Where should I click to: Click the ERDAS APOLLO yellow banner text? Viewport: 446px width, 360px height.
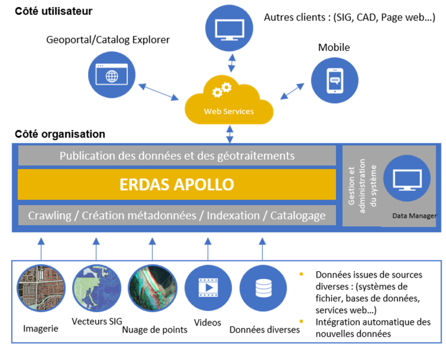coord(176,184)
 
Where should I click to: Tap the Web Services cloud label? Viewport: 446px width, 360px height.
coord(229,112)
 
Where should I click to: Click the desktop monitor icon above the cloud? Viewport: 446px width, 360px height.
coord(229,28)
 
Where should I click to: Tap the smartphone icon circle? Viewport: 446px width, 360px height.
coord(334,80)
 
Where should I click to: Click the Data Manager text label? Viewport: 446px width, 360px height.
coord(414,216)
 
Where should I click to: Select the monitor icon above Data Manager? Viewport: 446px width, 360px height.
coord(407,179)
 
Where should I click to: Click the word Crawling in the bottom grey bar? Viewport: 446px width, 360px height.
coord(50,215)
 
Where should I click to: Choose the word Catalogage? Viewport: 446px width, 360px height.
coord(297,215)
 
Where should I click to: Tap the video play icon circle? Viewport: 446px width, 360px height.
coord(208,288)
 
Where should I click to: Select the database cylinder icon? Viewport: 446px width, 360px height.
coord(264,288)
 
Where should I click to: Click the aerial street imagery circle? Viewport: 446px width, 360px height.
coord(41,288)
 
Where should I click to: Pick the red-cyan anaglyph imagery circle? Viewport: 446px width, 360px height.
coord(152,288)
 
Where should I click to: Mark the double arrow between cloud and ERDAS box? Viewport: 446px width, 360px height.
coord(230,134)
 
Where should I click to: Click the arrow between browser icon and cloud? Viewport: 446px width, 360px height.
coord(159,92)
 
